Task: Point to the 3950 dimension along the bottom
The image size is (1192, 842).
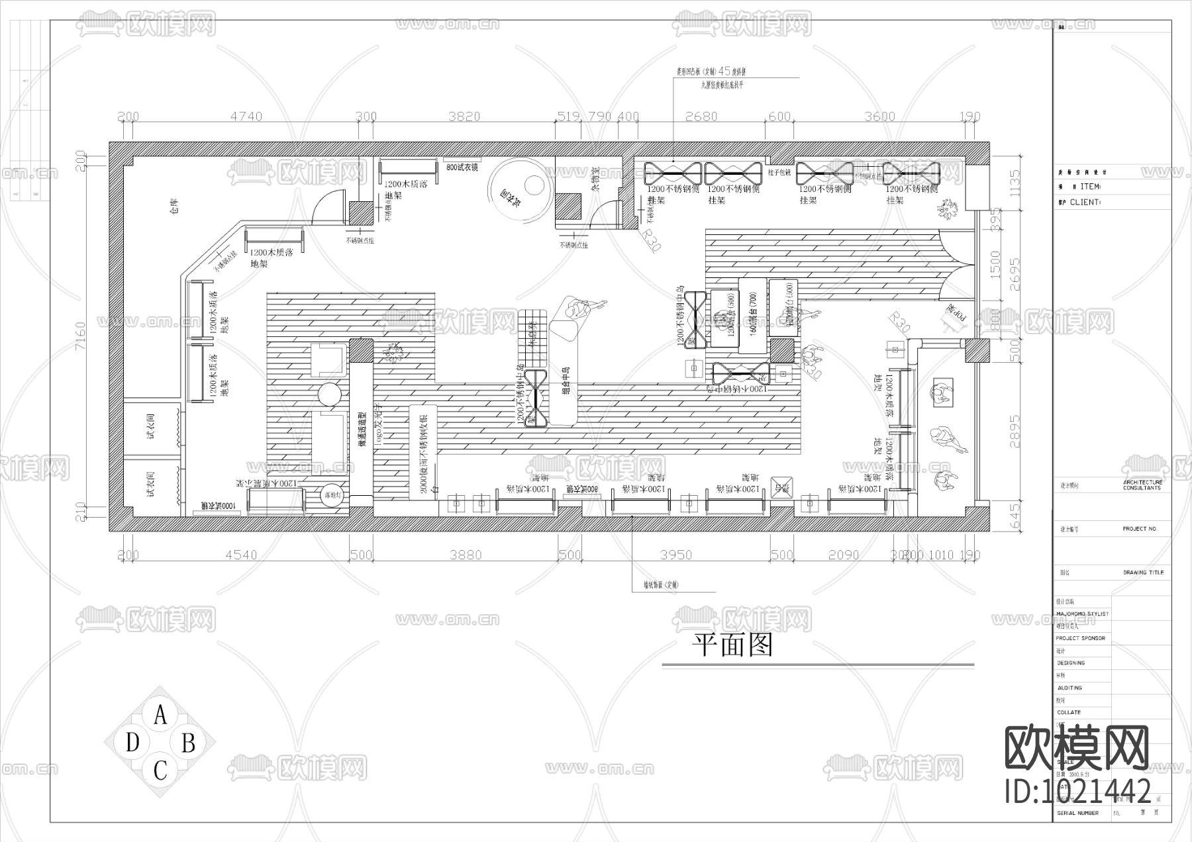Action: (x=676, y=555)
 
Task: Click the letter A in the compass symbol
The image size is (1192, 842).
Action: (x=160, y=716)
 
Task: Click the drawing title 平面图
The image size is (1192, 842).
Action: (x=732, y=644)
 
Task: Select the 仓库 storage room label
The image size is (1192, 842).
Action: (x=174, y=208)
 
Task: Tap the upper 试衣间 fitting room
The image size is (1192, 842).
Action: (x=151, y=427)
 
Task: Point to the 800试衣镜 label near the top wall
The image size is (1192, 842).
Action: (x=462, y=167)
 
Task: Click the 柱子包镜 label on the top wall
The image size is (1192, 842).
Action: (x=779, y=172)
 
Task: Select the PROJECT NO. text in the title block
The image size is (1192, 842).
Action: (x=1140, y=529)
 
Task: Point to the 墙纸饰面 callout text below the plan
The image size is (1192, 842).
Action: (x=661, y=585)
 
